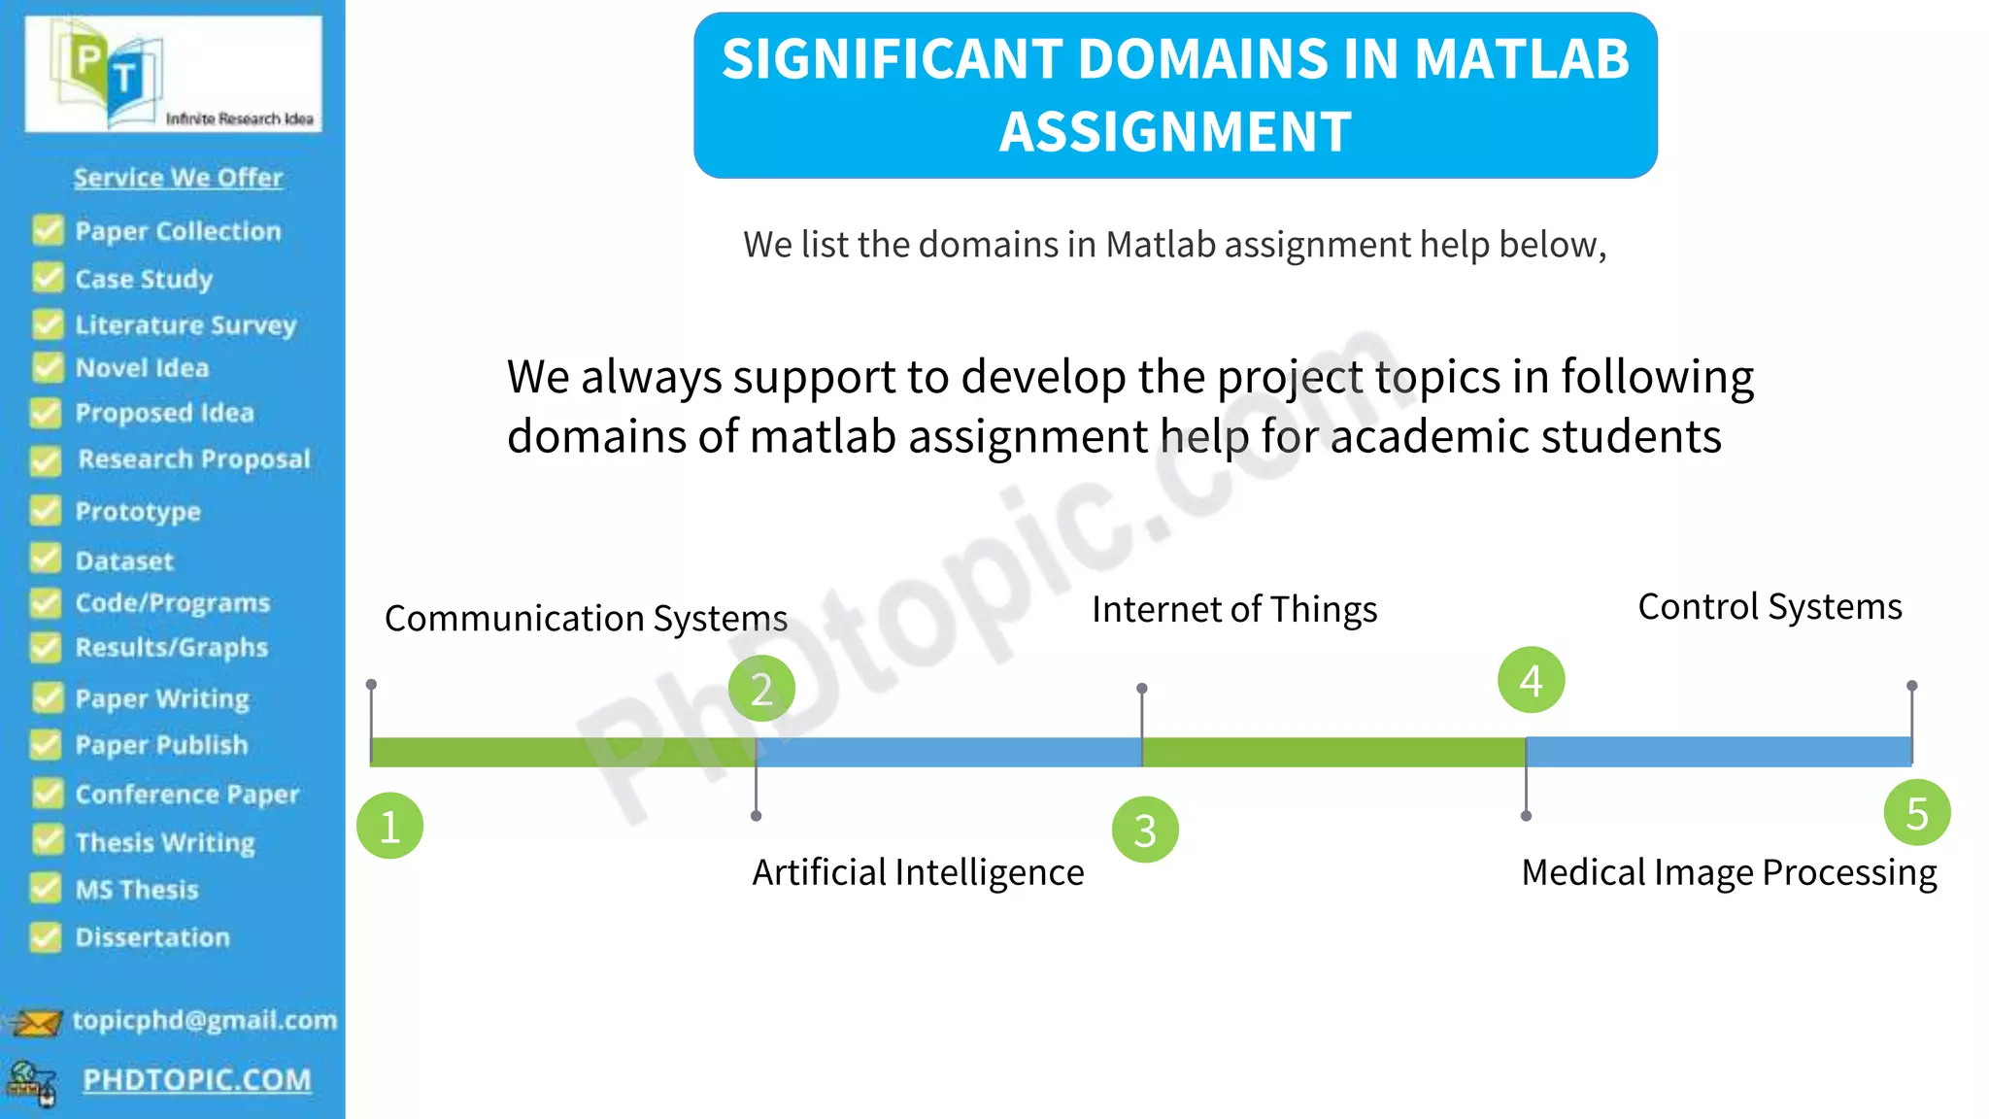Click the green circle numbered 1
click(x=389, y=826)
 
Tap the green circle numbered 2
click(x=761, y=688)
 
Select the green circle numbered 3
click(x=1145, y=830)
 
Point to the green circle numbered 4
click(x=1531, y=680)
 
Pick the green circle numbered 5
click(x=1916, y=812)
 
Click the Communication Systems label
click(x=586, y=619)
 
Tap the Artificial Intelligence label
click(x=918, y=872)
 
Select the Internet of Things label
click(x=1234, y=610)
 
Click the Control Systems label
click(x=1770, y=607)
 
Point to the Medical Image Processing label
click(x=1729, y=872)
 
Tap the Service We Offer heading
click(x=179, y=178)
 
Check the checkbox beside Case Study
click(x=47, y=278)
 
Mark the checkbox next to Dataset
click(x=46, y=559)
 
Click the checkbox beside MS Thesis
click(x=46, y=888)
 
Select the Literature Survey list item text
click(x=185, y=325)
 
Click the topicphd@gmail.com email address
click(x=205, y=1020)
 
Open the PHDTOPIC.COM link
click(x=197, y=1080)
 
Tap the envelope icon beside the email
click(x=37, y=1022)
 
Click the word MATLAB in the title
click(x=1522, y=58)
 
